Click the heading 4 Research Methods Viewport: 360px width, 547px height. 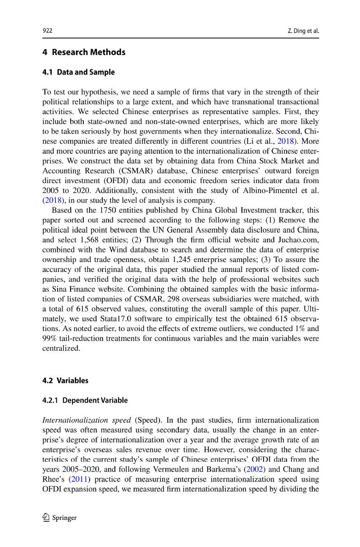tap(84, 52)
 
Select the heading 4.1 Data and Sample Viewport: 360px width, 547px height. tap(78, 72)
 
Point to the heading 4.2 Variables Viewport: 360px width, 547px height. tap(65, 381)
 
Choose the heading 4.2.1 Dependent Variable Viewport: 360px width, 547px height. tap(85, 400)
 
